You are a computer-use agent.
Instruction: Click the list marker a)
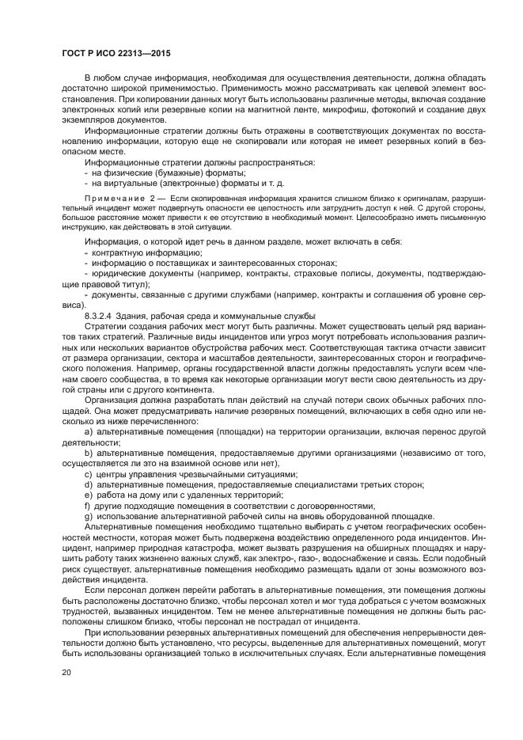point(88,432)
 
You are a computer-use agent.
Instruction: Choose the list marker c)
point(88,473)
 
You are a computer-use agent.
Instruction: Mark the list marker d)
point(88,484)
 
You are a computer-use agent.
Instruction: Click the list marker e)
point(88,494)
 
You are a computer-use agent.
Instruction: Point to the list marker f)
point(87,504)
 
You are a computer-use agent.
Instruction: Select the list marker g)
point(88,514)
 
